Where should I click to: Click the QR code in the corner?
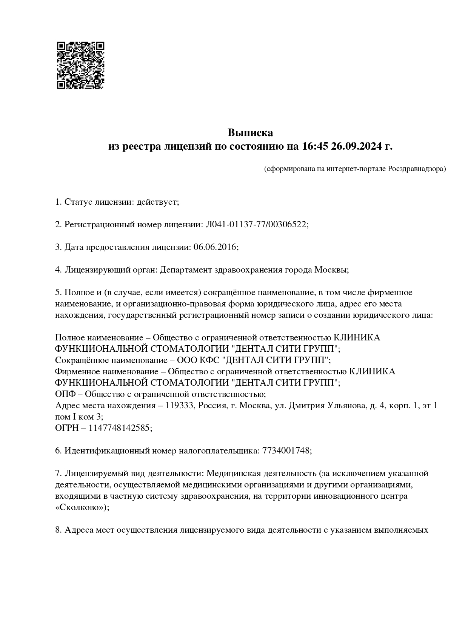80,65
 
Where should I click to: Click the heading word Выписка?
250,133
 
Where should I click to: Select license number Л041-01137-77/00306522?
256,225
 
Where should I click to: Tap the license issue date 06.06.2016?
214,247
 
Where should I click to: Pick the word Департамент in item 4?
185,270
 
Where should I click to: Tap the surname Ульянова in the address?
347,406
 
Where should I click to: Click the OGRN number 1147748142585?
119,428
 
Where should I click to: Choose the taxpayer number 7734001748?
286,451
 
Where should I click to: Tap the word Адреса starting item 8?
79,530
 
